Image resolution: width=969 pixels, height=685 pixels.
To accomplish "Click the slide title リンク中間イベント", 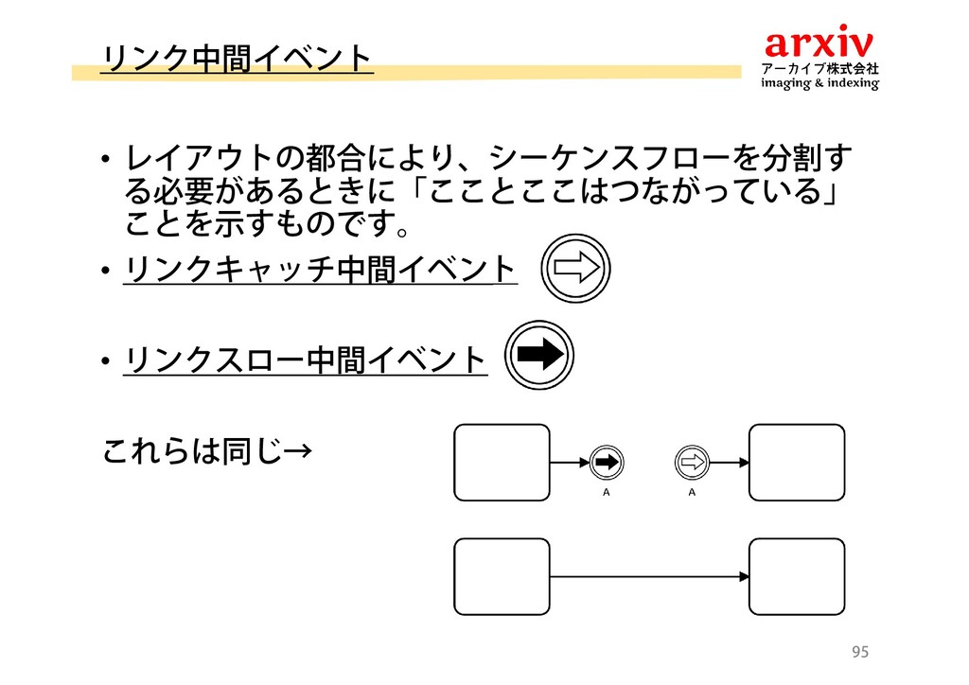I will click(x=237, y=59).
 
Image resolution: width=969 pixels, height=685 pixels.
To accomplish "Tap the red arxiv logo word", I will click(x=819, y=43).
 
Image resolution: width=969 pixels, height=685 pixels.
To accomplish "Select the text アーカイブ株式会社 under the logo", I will click(x=820, y=68).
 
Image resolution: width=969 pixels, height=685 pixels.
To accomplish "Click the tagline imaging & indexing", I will click(x=820, y=83).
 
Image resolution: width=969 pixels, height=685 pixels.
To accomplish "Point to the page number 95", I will click(x=859, y=652).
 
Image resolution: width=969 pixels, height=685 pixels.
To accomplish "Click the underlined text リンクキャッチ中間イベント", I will click(x=321, y=269).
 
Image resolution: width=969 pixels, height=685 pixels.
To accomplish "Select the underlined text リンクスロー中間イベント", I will click(x=306, y=360).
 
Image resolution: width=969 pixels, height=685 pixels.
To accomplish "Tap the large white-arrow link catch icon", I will click(x=576, y=268).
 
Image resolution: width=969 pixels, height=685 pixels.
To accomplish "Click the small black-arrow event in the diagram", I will click(x=607, y=463).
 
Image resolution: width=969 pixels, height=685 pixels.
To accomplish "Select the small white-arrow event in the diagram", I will click(x=692, y=463).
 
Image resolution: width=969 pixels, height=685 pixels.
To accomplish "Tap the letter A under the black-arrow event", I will click(x=607, y=493).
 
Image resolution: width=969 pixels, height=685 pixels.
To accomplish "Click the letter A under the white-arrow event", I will click(x=692, y=493).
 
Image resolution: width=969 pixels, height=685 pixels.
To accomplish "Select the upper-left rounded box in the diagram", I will click(x=502, y=462).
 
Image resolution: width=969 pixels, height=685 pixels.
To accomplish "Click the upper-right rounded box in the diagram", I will click(x=797, y=462).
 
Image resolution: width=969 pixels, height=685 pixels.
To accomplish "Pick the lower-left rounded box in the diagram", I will click(x=502, y=576).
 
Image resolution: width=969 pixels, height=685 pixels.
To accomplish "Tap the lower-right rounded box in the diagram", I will click(x=797, y=576).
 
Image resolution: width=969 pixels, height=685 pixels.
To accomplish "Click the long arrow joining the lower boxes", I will click(x=649, y=576).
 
